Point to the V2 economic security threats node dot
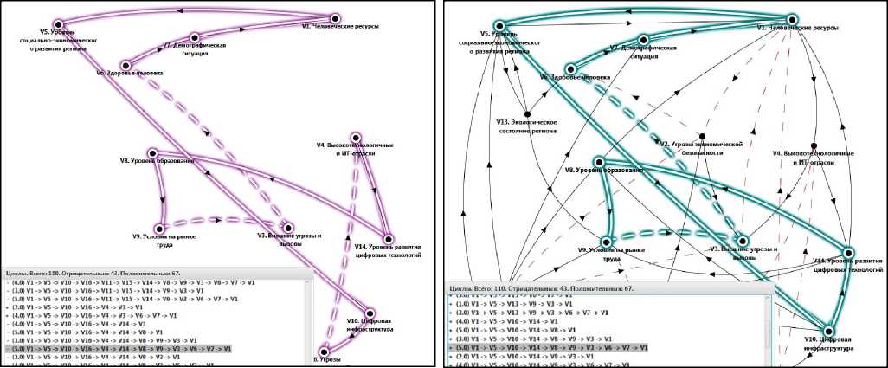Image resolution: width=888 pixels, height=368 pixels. (702, 136)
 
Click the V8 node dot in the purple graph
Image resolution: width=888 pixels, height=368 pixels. (153, 152)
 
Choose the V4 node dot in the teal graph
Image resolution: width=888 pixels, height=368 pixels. (814, 145)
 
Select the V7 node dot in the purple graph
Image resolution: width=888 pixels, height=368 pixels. (195, 36)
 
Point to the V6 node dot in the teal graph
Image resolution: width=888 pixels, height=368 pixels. (569, 68)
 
